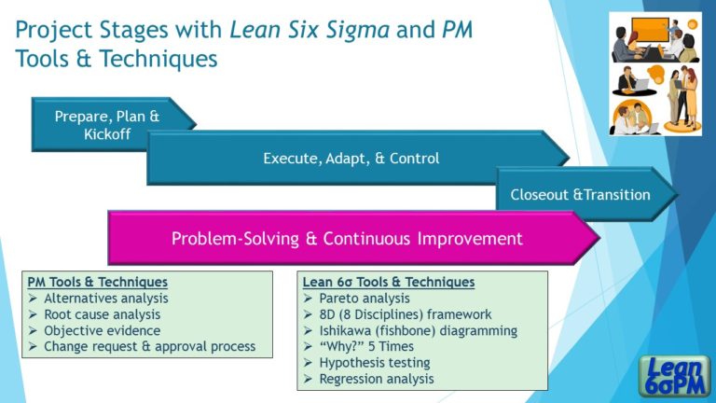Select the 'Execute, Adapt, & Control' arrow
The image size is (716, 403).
351,159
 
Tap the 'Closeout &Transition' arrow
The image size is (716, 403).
580,195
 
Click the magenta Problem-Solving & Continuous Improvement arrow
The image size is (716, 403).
347,239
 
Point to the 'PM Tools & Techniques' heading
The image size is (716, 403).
98,282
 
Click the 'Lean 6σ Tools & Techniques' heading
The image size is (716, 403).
389,282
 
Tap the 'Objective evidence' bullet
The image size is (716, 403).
102,330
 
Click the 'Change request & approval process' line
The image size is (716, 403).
148,347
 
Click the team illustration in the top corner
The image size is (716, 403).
654,74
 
